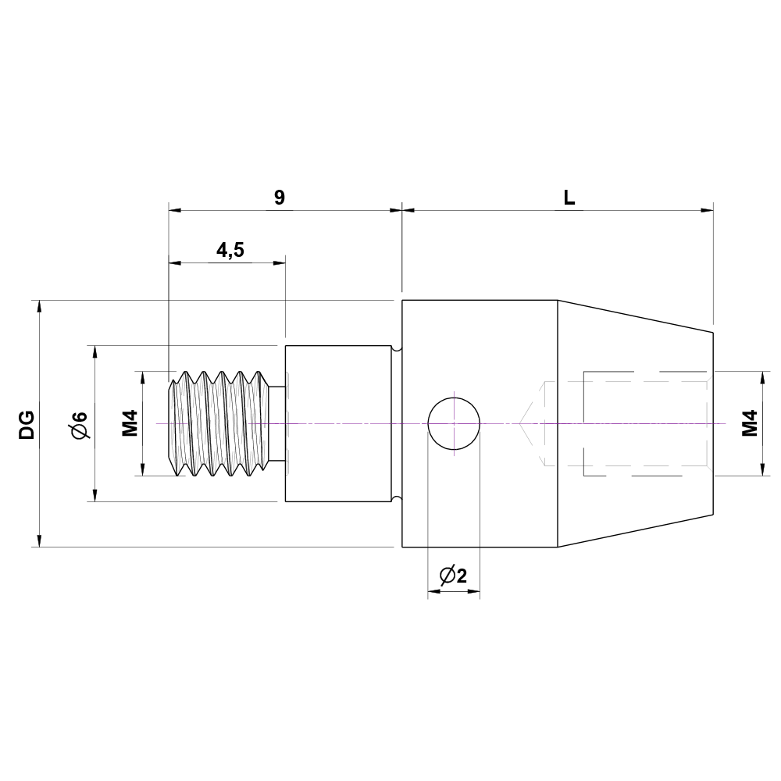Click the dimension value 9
coord(280,197)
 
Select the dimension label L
coord(569,197)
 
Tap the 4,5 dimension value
coord(230,250)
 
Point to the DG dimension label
coord(27,423)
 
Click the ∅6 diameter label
coord(79,423)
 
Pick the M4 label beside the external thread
coord(130,423)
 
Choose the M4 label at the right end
coord(750,423)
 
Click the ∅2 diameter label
coord(454,576)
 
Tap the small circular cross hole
coord(454,423)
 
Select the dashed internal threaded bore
coord(644,423)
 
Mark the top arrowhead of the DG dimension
coord(39,306)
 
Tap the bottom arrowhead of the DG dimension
coord(39,540)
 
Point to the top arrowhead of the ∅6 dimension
coord(95,351)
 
